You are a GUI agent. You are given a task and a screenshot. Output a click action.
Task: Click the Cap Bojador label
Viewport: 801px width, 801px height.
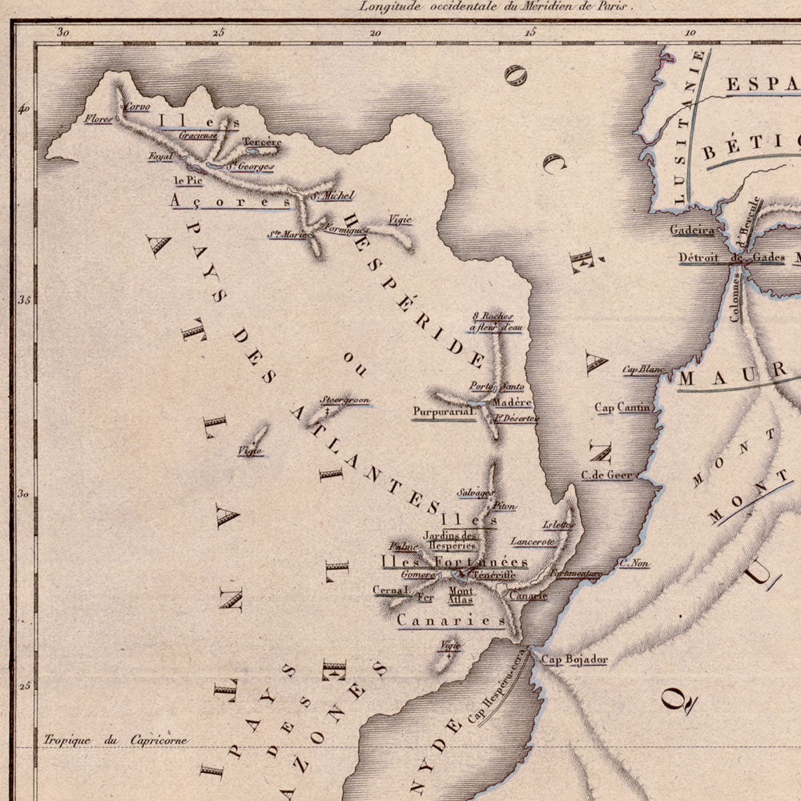tap(574, 660)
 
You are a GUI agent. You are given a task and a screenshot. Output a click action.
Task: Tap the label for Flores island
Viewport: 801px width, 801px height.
tap(98, 119)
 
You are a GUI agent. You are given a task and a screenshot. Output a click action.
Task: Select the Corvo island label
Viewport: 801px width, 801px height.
tap(136, 107)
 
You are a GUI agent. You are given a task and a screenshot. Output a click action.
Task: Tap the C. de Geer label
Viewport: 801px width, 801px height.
tap(607, 475)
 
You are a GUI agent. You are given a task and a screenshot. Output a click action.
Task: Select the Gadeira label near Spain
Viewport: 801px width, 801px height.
tap(692, 231)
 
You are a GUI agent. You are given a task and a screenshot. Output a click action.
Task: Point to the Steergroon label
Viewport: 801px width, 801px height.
tap(345, 400)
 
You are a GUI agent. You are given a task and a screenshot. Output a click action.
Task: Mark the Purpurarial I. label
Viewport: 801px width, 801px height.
tap(444, 413)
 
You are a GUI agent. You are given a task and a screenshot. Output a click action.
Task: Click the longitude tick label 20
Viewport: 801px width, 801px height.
tap(375, 32)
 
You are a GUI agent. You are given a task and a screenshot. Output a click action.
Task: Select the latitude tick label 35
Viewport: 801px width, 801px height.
tap(24, 300)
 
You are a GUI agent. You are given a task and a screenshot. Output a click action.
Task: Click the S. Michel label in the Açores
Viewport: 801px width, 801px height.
tap(332, 195)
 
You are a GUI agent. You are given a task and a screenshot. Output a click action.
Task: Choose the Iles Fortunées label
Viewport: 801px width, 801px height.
tap(454, 562)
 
